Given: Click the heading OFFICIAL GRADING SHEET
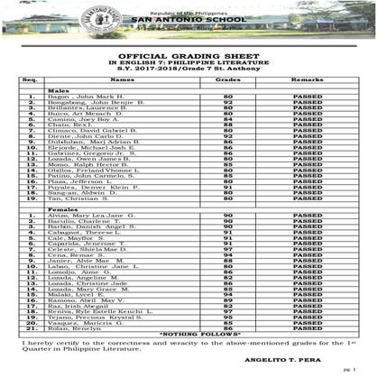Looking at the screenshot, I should point(189,54).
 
